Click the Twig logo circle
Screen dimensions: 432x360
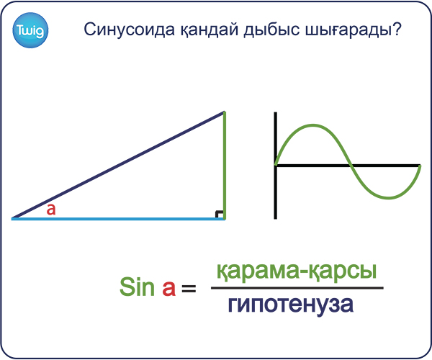tap(30, 30)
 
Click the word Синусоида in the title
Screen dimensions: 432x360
tap(129, 30)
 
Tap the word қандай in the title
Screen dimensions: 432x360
tap(210, 30)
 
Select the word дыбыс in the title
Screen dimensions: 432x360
tap(271, 30)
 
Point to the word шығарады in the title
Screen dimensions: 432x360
tap(347, 30)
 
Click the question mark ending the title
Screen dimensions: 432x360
tap(396, 29)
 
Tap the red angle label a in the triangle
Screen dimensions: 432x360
tap(51, 210)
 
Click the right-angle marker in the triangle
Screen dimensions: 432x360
tap(219, 215)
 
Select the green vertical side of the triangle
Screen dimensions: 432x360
tap(225, 166)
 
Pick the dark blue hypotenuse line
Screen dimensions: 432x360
tap(118, 165)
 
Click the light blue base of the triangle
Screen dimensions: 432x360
tap(118, 219)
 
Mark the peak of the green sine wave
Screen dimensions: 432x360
tap(313, 125)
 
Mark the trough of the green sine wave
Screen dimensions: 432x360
tap(389, 197)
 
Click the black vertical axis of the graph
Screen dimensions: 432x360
tap(275, 166)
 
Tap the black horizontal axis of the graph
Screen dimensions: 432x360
tap(348, 166)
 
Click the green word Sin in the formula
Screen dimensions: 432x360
tap(137, 287)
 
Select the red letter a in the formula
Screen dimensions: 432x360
tap(168, 289)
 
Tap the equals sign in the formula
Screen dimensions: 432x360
tap(189, 289)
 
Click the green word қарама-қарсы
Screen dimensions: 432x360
tap(297, 271)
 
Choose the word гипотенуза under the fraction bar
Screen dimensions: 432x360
tap(291, 305)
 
